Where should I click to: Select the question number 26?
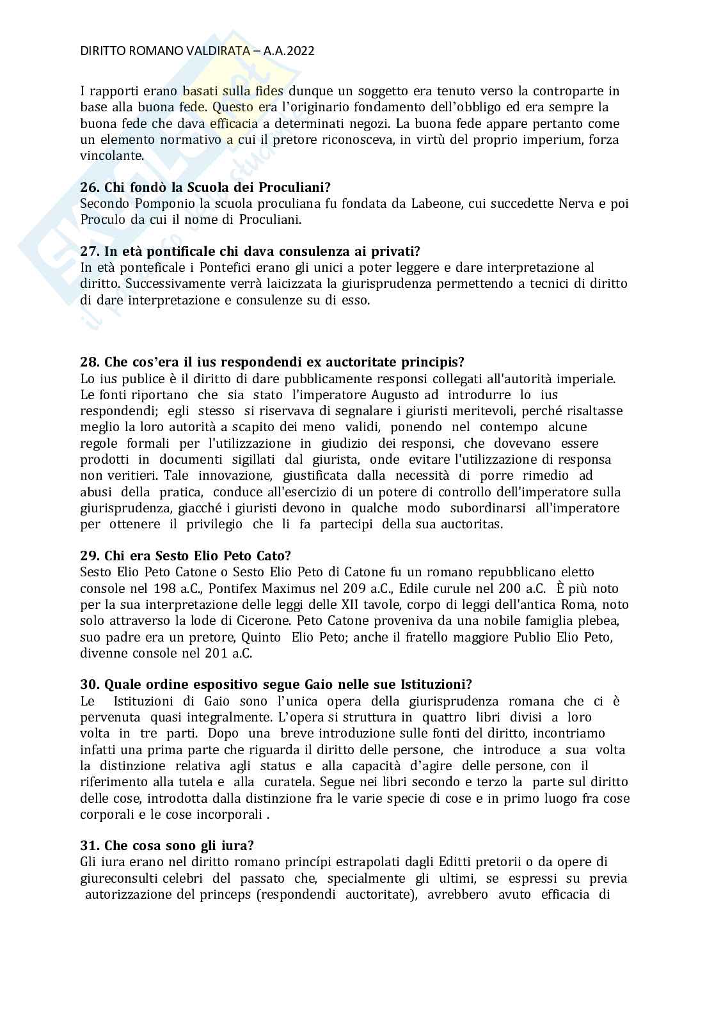coord(89,187)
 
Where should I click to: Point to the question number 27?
coord(89,251)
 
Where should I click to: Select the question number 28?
coord(89,363)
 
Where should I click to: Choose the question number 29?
coord(89,556)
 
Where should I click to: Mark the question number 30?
coord(89,685)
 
